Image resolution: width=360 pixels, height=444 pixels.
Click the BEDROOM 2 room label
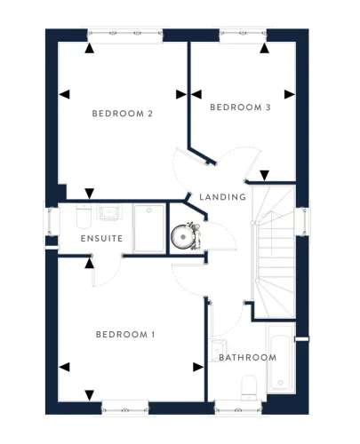[x=124, y=114]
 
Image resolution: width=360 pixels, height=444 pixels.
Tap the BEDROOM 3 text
[x=240, y=107]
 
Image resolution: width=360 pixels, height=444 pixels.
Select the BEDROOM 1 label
[x=125, y=335]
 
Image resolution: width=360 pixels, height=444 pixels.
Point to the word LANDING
[x=222, y=196]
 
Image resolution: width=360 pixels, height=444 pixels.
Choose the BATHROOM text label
[x=247, y=358]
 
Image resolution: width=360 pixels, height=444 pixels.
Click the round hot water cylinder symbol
[x=184, y=237]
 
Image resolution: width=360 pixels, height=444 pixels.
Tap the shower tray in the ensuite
[x=149, y=227]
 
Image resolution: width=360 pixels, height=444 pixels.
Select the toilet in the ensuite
[x=83, y=216]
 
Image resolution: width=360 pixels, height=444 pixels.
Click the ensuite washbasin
[x=110, y=213]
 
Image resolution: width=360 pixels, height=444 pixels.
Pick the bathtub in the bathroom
[x=281, y=361]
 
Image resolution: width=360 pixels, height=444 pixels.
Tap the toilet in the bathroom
[x=250, y=384]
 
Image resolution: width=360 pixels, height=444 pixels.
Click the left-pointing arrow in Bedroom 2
[x=63, y=93]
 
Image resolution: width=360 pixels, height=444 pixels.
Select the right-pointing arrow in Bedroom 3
[x=289, y=93]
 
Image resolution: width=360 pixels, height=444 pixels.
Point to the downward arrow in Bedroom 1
[x=89, y=395]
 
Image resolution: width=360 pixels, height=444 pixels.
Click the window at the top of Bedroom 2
[x=124, y=36]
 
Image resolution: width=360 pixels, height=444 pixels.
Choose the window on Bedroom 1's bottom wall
[x=124, y=408]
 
